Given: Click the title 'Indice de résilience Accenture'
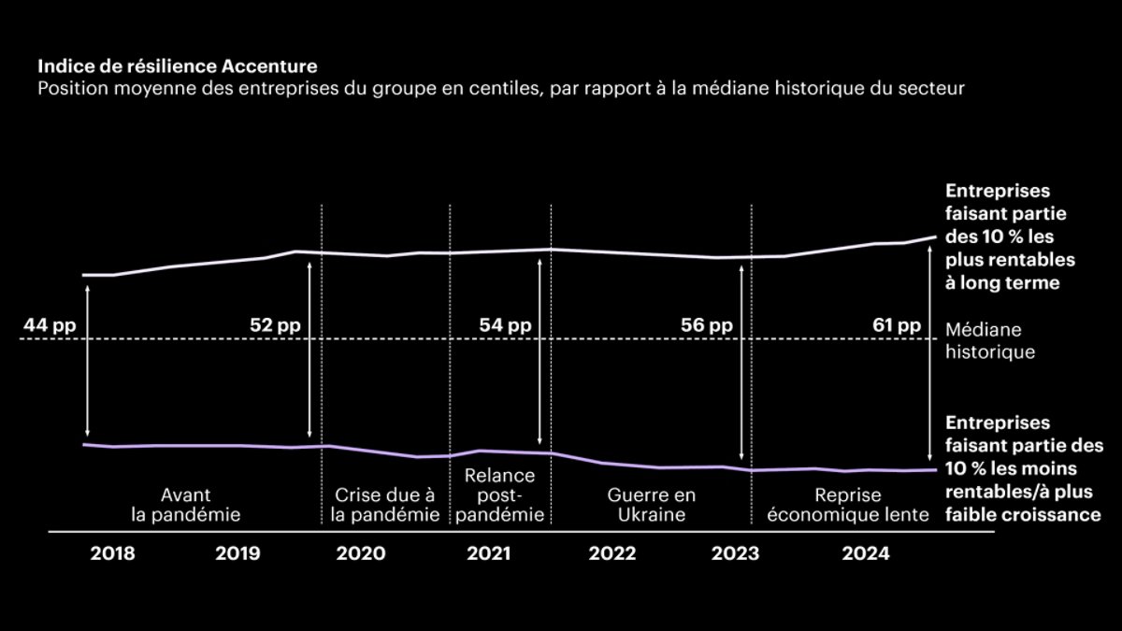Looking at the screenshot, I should click(x=177, y=67).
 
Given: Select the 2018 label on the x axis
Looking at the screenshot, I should click(x=112, y=553).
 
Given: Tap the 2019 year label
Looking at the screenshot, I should click(x=238, y=553).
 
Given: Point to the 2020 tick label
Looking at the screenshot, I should click(x=361, y=553).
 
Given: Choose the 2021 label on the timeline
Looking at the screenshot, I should click(x=488, y=553).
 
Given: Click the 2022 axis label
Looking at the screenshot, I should click(x=612, y=553).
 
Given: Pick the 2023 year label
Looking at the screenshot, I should click(x=736, y=553).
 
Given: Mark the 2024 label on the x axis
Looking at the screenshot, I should click(x=865, y=553).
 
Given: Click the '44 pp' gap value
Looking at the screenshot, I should click(x=50, y=325).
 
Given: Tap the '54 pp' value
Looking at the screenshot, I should click(x=505, y=325).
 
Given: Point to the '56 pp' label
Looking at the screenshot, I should click(x=707, y=325).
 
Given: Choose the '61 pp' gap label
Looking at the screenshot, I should click(x=895, y=325).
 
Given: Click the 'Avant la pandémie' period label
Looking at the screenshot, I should click(x=186, y=505).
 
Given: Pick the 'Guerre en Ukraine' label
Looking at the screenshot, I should click(x=651, y=505).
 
